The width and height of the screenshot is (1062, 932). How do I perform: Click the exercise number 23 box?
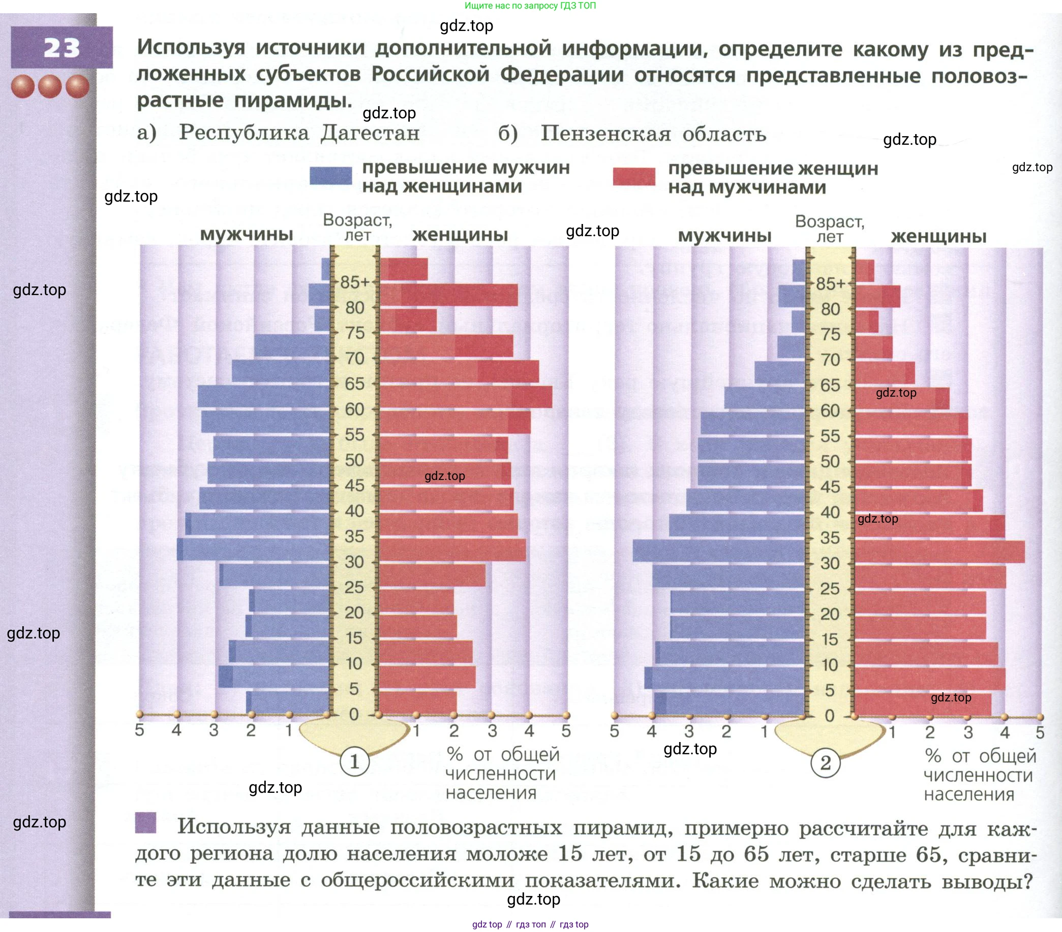click(62, 48)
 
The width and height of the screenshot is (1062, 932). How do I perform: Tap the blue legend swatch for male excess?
click(330, 176)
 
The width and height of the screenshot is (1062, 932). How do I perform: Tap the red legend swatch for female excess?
click(633, 177)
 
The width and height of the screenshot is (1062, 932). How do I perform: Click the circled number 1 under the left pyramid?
click(354, 762)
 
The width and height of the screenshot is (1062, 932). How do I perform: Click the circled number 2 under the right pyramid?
click(825, 763)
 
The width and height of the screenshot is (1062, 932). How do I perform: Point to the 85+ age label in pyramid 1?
click(355, 282)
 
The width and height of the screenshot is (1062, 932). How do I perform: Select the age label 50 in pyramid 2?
click(830, 461)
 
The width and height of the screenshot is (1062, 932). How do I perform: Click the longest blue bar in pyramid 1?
click(254, 550)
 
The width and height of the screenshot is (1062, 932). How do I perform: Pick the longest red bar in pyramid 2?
click(939, 552)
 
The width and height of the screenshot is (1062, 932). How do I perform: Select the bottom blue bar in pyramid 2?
click(730, 704)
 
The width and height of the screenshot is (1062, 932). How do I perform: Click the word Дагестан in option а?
click(370, 133)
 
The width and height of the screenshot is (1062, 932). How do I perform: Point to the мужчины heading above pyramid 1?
click(246, 234)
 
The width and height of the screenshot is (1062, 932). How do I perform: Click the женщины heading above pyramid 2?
click(938, 236)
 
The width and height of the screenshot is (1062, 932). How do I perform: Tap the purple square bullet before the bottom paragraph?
click(145, 822)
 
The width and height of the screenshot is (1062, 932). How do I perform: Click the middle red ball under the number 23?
click(50, 86)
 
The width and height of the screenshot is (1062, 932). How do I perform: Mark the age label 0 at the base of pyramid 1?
click(354, 715)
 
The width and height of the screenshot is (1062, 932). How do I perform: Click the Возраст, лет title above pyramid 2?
click(829, 229)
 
